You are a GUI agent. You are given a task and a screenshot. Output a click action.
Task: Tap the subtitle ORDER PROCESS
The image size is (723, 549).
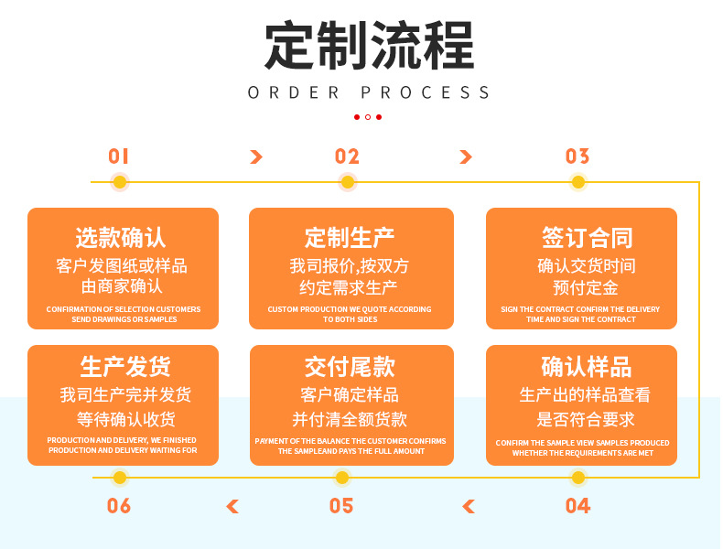pos(369,92)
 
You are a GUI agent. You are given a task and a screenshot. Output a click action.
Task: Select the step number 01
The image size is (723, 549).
pos(119,156)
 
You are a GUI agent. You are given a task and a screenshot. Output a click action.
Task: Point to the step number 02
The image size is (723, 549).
pos(347,156)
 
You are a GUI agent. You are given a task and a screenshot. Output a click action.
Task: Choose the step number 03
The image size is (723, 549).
pos(577,156)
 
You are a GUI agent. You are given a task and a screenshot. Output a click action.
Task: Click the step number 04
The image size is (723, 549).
pos(577,506)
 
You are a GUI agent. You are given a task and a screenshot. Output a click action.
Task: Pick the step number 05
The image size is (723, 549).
pos(341,506)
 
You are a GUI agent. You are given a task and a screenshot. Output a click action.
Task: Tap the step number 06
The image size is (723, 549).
pos(119,506)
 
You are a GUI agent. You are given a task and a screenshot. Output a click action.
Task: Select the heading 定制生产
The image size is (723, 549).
pos(350,238)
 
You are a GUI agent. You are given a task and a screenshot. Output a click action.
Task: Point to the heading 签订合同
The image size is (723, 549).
pos(587,238)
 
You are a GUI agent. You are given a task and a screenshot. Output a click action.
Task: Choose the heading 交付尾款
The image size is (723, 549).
pos(350,368)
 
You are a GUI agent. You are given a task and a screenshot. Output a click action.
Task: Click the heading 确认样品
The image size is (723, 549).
pos(587,368)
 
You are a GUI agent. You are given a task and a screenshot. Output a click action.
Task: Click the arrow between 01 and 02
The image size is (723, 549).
pos(256,157)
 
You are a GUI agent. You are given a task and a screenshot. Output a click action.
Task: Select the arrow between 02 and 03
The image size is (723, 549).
pos(466,157)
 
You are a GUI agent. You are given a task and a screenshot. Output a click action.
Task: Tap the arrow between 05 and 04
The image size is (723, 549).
pos(469,506)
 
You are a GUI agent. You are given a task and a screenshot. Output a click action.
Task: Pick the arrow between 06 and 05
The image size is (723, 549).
pos(232,506)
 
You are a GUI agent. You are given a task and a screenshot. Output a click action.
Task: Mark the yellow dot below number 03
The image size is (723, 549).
pos(577,182)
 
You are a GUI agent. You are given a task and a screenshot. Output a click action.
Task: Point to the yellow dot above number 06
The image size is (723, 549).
pos(119,478)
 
